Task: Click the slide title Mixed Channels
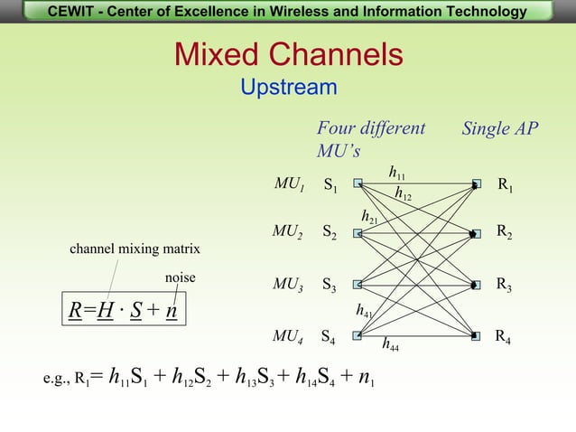[x=289, y=54]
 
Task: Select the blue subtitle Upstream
[x=288, y=88]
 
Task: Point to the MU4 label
[x=289, y=337]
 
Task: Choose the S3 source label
[x=330, y=285]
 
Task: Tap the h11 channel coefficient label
[x=397, y=171]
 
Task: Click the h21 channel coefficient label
[x=369, y=217]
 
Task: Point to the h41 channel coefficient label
[x=365, y=310]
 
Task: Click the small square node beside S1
[x=358, y=183]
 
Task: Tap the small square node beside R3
[x=475, y=285]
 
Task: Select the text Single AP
[x=499, y=128]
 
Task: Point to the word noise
[x=180, y=277]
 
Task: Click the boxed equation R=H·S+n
[x=124, y=312]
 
